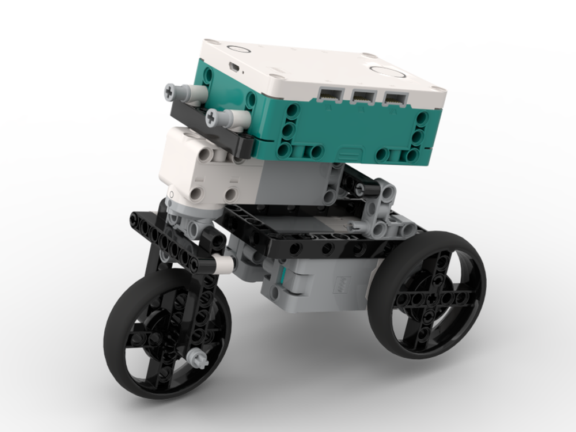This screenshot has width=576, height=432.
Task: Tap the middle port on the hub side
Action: point(362,96)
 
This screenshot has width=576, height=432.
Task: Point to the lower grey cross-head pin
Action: point(214,118)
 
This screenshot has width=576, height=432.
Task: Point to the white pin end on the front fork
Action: point(224,264)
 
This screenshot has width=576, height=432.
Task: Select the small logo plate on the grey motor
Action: point(344,283)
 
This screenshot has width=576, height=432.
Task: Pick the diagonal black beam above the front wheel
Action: point(173,242)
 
